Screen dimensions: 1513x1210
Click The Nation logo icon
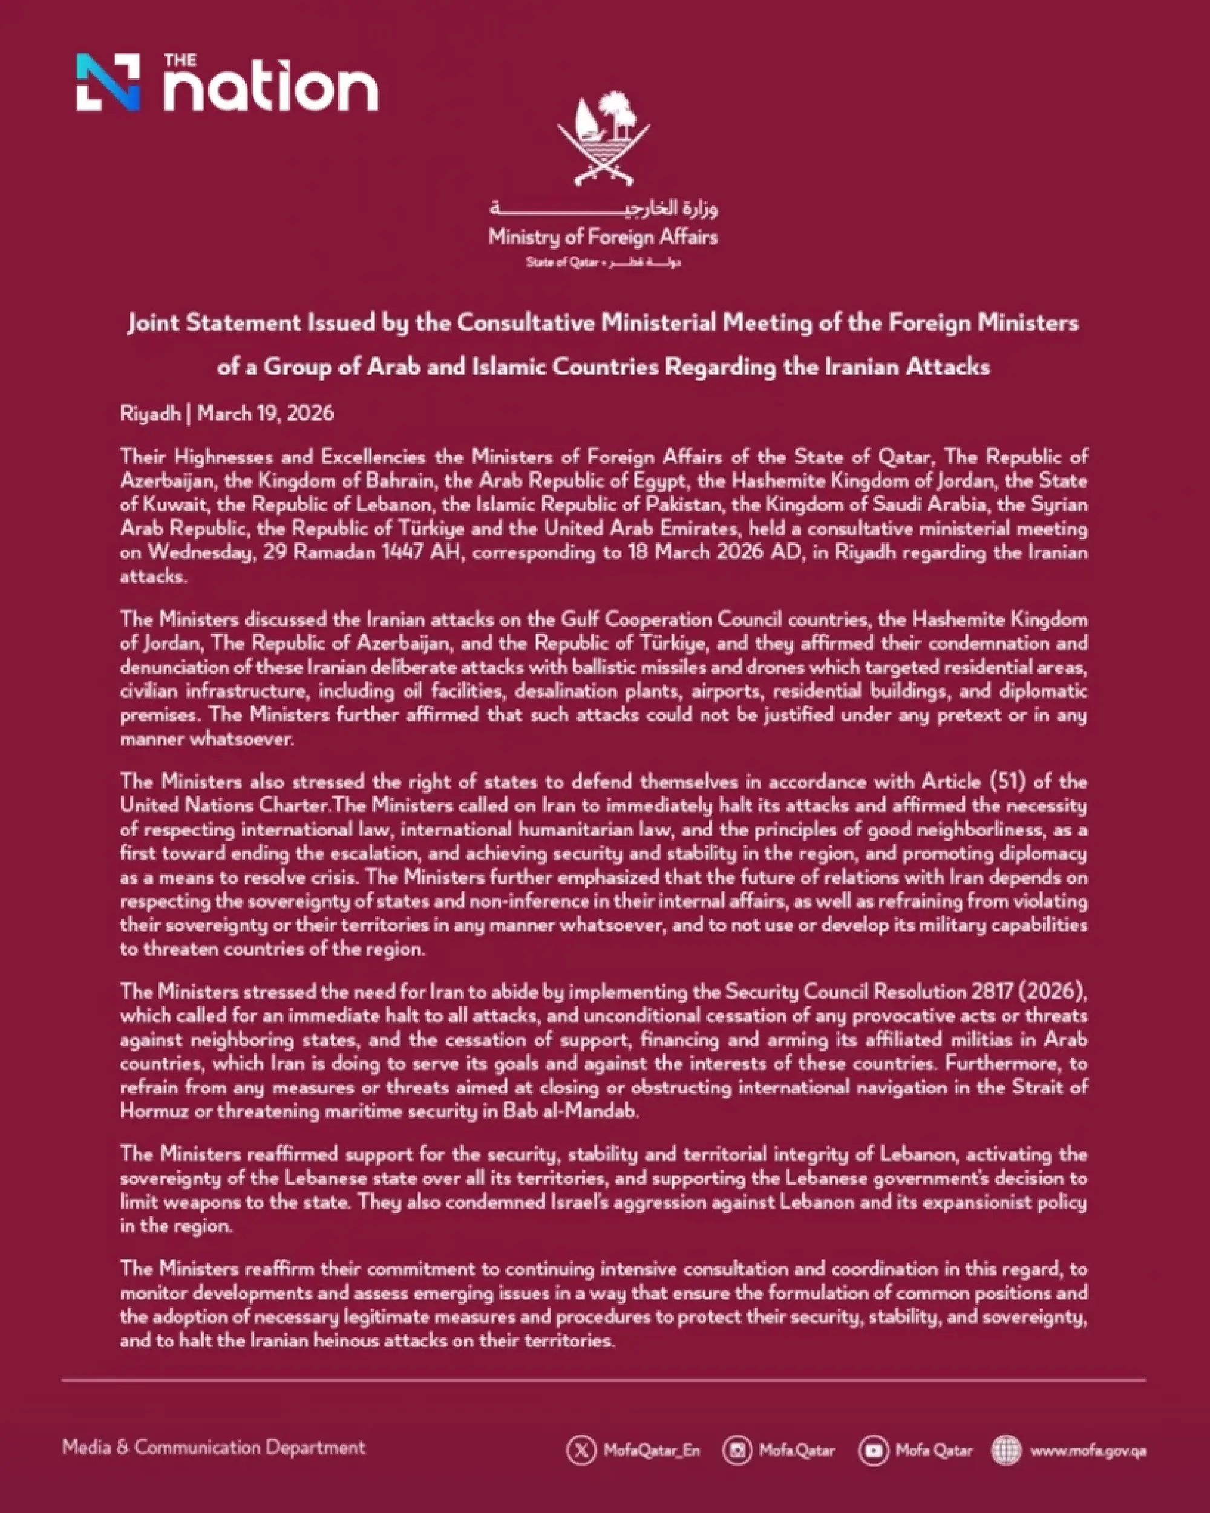[107, 82]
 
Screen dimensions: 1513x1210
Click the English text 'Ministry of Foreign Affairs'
[603, 237]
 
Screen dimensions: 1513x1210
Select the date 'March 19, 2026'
[266, 413]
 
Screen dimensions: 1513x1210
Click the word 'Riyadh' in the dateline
[150, 413]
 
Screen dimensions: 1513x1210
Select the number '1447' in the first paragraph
[402, 552]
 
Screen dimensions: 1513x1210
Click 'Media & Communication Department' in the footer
[214, 1447]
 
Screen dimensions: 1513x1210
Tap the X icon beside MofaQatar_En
[581, 1451]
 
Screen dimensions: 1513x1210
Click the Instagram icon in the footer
[737, 1451]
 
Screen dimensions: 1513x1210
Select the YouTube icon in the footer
[873, 1451]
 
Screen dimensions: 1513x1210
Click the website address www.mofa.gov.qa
[1088, 1451]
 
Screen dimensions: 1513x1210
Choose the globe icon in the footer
[1006, 1451]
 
